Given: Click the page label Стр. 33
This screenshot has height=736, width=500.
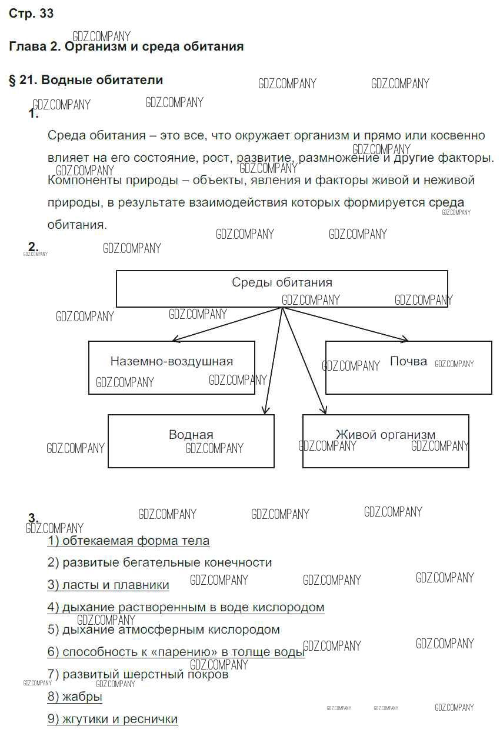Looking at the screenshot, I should pyautogui.click(x=31, y=14).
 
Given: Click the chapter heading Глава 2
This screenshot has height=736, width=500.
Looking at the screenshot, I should pyautogui.click(x=126, y=46).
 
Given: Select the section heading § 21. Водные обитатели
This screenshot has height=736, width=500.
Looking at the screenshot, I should pyautogui.click(x=86, y=79).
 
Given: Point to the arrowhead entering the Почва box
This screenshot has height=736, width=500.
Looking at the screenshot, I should pyautogui.click(x=405, y=339).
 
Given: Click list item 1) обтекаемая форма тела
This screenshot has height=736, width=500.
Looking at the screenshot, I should pyautogui.click(x=128, y=540).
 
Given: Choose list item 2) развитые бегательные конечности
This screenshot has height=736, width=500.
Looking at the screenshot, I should pyautogui.click(x=159, y=562).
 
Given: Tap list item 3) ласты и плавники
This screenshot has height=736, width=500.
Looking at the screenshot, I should pyautogui.click(x=108, y=585).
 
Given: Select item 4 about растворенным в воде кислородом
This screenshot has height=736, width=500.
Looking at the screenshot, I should pyautogui.click(x=186, y=607).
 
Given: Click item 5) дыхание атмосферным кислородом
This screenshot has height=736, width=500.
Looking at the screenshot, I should pyautogui.click(x=164, y=630).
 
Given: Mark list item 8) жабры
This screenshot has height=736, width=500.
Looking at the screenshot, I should pyautogui.click(x=75, y=697).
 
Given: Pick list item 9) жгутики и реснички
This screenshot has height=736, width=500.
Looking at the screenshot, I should pyautogui.click(x=112, y=719).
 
